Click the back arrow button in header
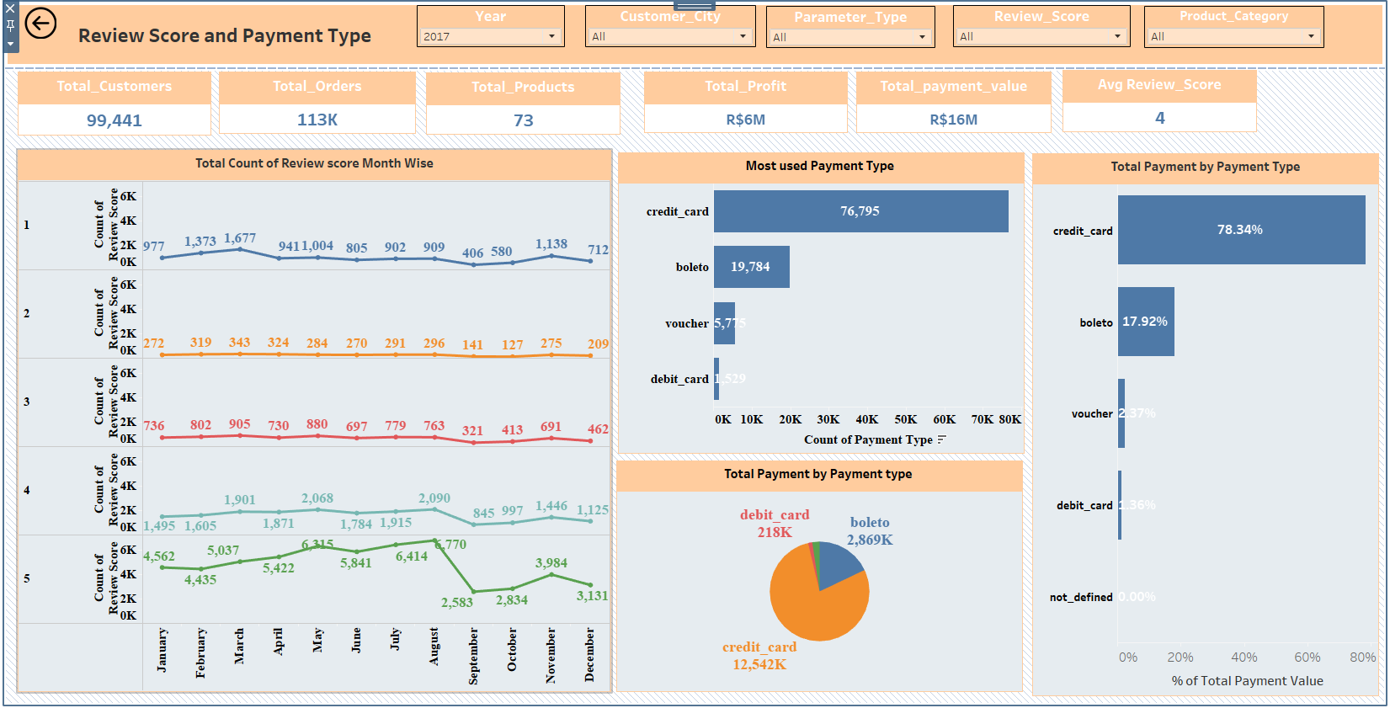click(x=40, y=24)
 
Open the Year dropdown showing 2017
click(x=491, y=36)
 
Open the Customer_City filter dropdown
click(x=670, y=36)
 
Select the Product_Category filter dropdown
click(x=1233, y=36)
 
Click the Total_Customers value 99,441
click(x=115, y=120)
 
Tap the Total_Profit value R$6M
click(x=745, y=120)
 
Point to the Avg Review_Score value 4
click(x=1159, y=118)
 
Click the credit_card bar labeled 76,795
click(x=860, y=211)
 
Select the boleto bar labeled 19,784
click(x=751, y=267)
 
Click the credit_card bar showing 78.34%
click(x=1241, y=230)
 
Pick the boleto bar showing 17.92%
click(x=1146, y=322)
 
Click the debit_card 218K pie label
click(x=775, y=524)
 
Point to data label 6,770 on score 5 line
click(x=451, y=545)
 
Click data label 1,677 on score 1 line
click(x=240, y=238)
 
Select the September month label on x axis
click(x=473, y=656)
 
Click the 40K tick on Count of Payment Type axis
click(x=866, y=419)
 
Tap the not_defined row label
click(x=1081, y=597)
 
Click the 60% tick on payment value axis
click(x=1307, y=657)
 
